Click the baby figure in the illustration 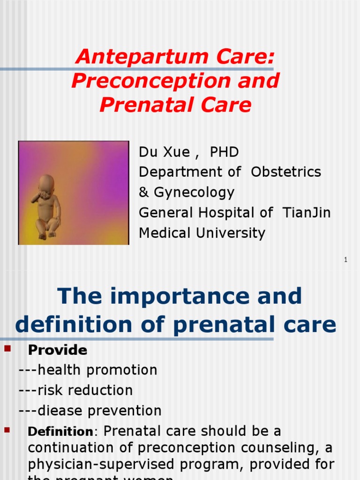pyautogui.click(x=47, y=207)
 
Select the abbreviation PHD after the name pyautogui.click(x=224, y=152)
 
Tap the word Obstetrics pyautogui.click(x=286, y=172)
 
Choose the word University pyautogui.click(x=229, y=232)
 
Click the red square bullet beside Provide pyautogui.click(x=7, y=348)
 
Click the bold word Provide pyautogui.click(x=58, y=350)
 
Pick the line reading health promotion pyautogui.click(x=88, y=370)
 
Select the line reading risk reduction pyautogui.click(x=75, y=390)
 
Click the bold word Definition pyautogui.click(x=60, y=431)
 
